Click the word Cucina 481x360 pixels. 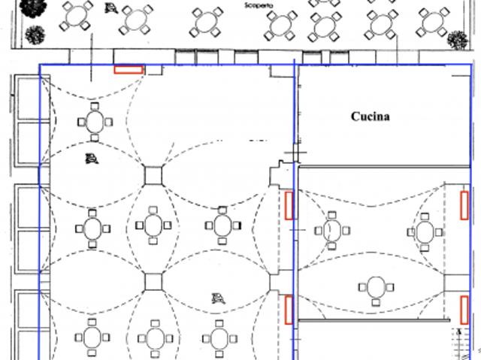371,116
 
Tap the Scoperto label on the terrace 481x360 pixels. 259,5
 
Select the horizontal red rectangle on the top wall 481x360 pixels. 129,70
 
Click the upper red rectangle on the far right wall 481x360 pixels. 464,205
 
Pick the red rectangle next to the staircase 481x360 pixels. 464,310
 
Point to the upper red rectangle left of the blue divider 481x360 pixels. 289,206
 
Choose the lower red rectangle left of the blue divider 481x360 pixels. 289,310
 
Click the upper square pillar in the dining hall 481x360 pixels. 153,176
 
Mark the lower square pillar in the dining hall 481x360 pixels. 153,282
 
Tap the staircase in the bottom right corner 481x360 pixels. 461,343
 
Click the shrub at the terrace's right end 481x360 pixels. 458,40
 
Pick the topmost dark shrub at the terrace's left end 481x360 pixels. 33,8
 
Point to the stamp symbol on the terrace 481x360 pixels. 110,8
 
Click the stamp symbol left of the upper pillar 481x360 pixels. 92,159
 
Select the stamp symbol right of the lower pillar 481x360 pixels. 219,298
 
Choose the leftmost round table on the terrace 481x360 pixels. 76,16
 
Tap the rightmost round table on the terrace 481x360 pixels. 433,23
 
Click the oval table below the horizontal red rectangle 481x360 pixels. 95,122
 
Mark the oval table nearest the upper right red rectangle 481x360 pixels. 425,232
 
